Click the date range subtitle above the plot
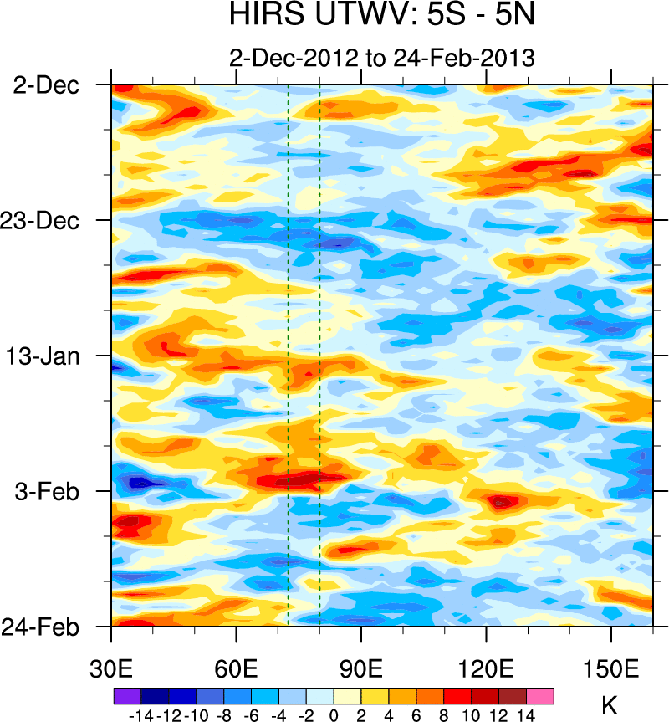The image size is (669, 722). tap(381, 58)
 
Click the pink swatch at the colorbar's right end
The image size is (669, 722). tap(540, 696)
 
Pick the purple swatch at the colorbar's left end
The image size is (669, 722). tap(127, 696)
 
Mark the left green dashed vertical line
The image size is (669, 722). tap(289, 335)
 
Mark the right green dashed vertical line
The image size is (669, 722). tap(319, 335)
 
